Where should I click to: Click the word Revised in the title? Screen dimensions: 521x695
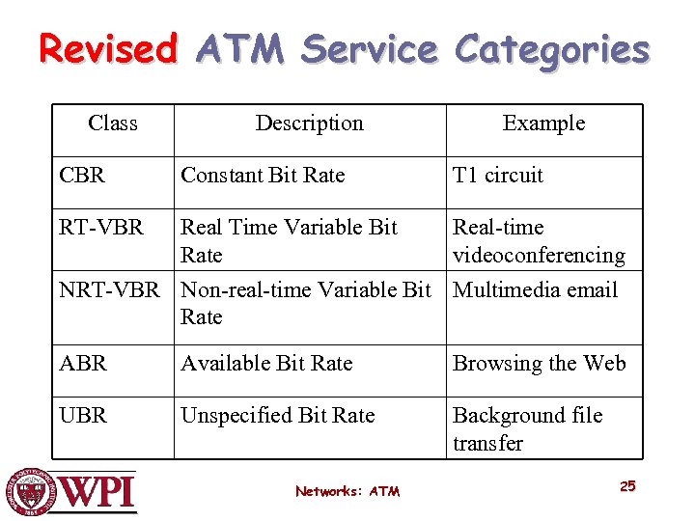click(x=108, y=48)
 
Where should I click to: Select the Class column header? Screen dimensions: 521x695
click(x=113, y=123)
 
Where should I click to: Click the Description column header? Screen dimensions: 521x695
click(x=309, y=123)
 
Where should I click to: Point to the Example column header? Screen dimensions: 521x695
click(x=543, y=123)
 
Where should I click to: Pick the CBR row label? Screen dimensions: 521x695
click(x=83, y=176)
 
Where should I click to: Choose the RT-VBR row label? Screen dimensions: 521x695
click(x=101, y=228)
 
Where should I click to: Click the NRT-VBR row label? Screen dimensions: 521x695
click(x=109, y=289)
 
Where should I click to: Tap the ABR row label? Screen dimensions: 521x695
click(x=83, y=364)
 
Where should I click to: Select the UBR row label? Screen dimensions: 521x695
click(x=83, y=416)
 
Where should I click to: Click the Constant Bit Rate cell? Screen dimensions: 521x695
click(x=263, y=176)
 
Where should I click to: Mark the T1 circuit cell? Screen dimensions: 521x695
click(x=498, y=176)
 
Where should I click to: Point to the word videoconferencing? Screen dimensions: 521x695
click(x=539, y=256)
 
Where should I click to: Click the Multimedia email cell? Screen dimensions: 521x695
click(x=535, y=289)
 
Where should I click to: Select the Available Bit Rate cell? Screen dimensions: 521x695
click(x=266, y=364)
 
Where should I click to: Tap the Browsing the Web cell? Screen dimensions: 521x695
click(x=539, y=364)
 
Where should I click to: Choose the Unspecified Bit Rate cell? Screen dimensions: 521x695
click(x=278, y=416)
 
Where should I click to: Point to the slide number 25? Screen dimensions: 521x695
click(x=627, y=486)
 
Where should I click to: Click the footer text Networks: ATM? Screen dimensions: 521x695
click(x=347, y=491)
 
